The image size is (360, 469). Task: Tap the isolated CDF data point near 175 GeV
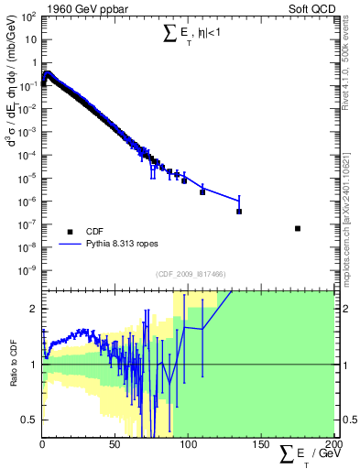click(x=298, y=228)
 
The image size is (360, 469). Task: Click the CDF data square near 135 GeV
click(x=239, y=212)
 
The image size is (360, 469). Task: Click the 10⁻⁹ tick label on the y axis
click(x=27, y=270)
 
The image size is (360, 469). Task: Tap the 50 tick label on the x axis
click(x=115, y=445)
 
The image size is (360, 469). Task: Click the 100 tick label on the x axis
click(x=188, y=445)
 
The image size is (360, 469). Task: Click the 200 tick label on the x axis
click(x=332, y=445)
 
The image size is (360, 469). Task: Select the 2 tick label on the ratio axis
click(x=35, y=309)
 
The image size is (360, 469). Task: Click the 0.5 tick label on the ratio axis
click(x=30, y=420)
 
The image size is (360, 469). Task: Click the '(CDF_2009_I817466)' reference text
click(x=188, y=275)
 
